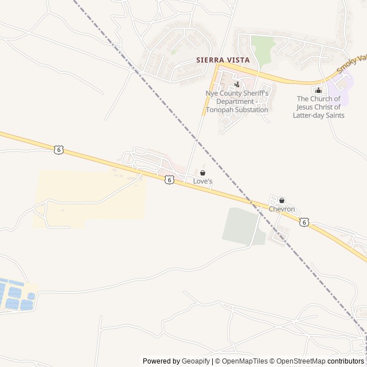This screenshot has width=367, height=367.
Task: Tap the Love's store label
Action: [202, 181]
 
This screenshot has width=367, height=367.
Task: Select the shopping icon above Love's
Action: [202, 173]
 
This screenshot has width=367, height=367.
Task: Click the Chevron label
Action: [282, 209]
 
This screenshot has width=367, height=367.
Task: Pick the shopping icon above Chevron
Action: [282, 201]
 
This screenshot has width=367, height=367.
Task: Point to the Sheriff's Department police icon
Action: [237, 84]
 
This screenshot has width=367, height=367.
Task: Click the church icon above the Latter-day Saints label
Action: [319, 90]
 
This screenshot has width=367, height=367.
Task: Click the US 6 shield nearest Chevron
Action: [304, 222]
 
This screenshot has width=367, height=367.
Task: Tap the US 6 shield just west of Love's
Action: [169, 179]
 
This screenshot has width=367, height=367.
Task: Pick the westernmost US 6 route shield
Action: [58, 150]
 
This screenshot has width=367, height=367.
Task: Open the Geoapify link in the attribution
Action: [196, 361]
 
